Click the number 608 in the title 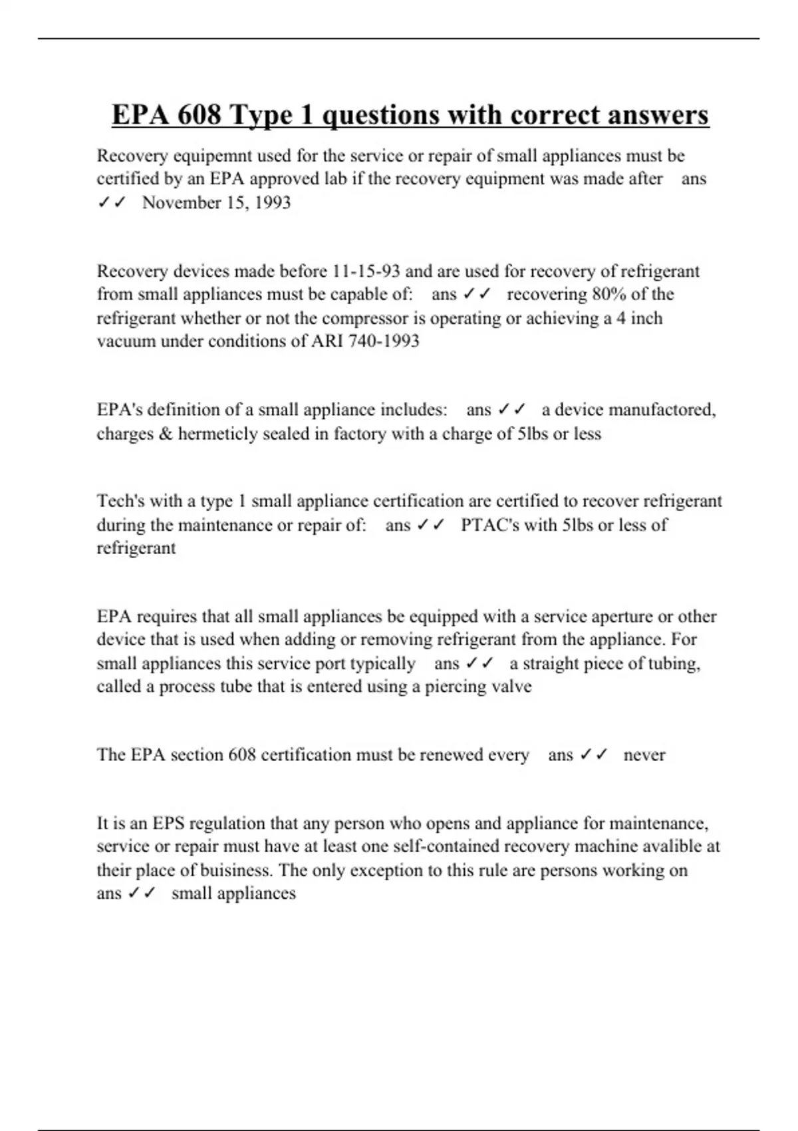(x=199, y=114)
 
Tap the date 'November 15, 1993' (x=216, y=202)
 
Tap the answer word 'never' (x=644, y=755)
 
